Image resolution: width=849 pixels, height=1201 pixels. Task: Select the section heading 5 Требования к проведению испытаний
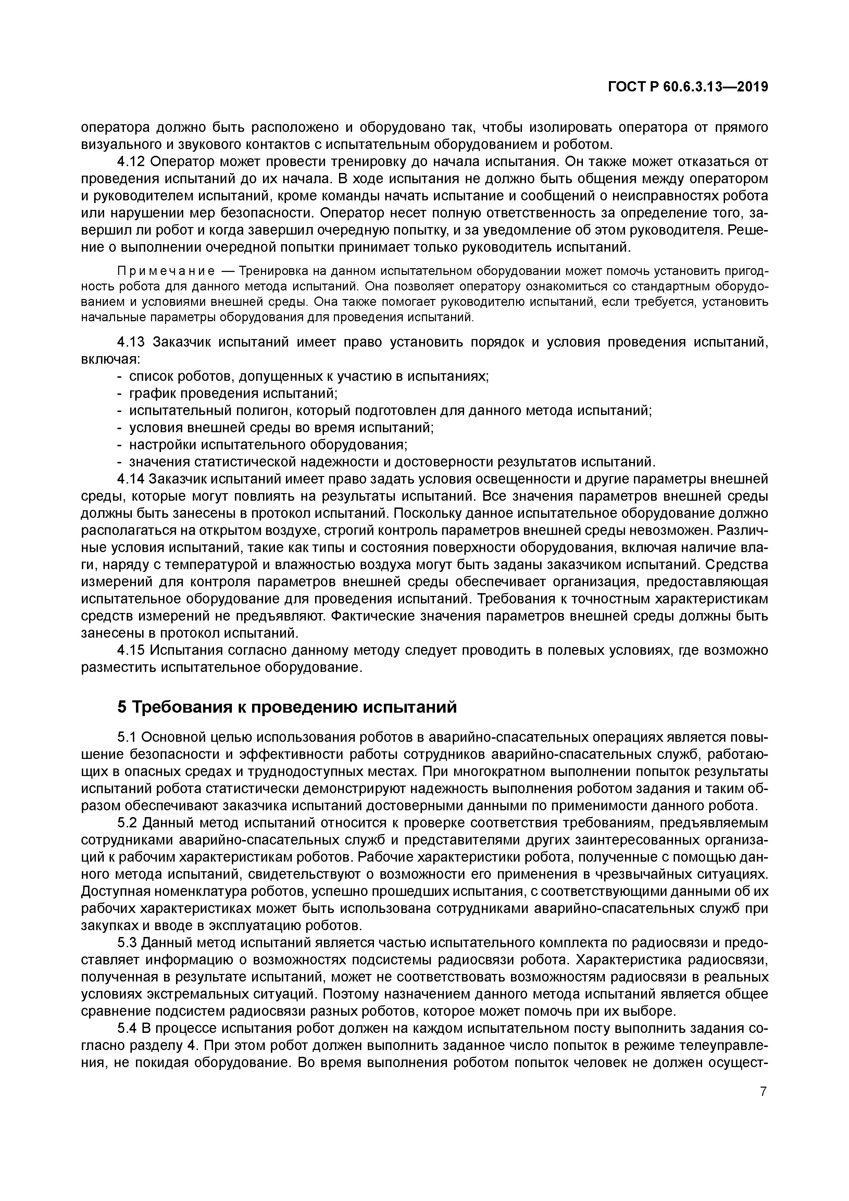click(287, 707)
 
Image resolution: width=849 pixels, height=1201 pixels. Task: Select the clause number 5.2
click(127, 823)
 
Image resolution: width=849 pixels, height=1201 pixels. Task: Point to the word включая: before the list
click(110, 359)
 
